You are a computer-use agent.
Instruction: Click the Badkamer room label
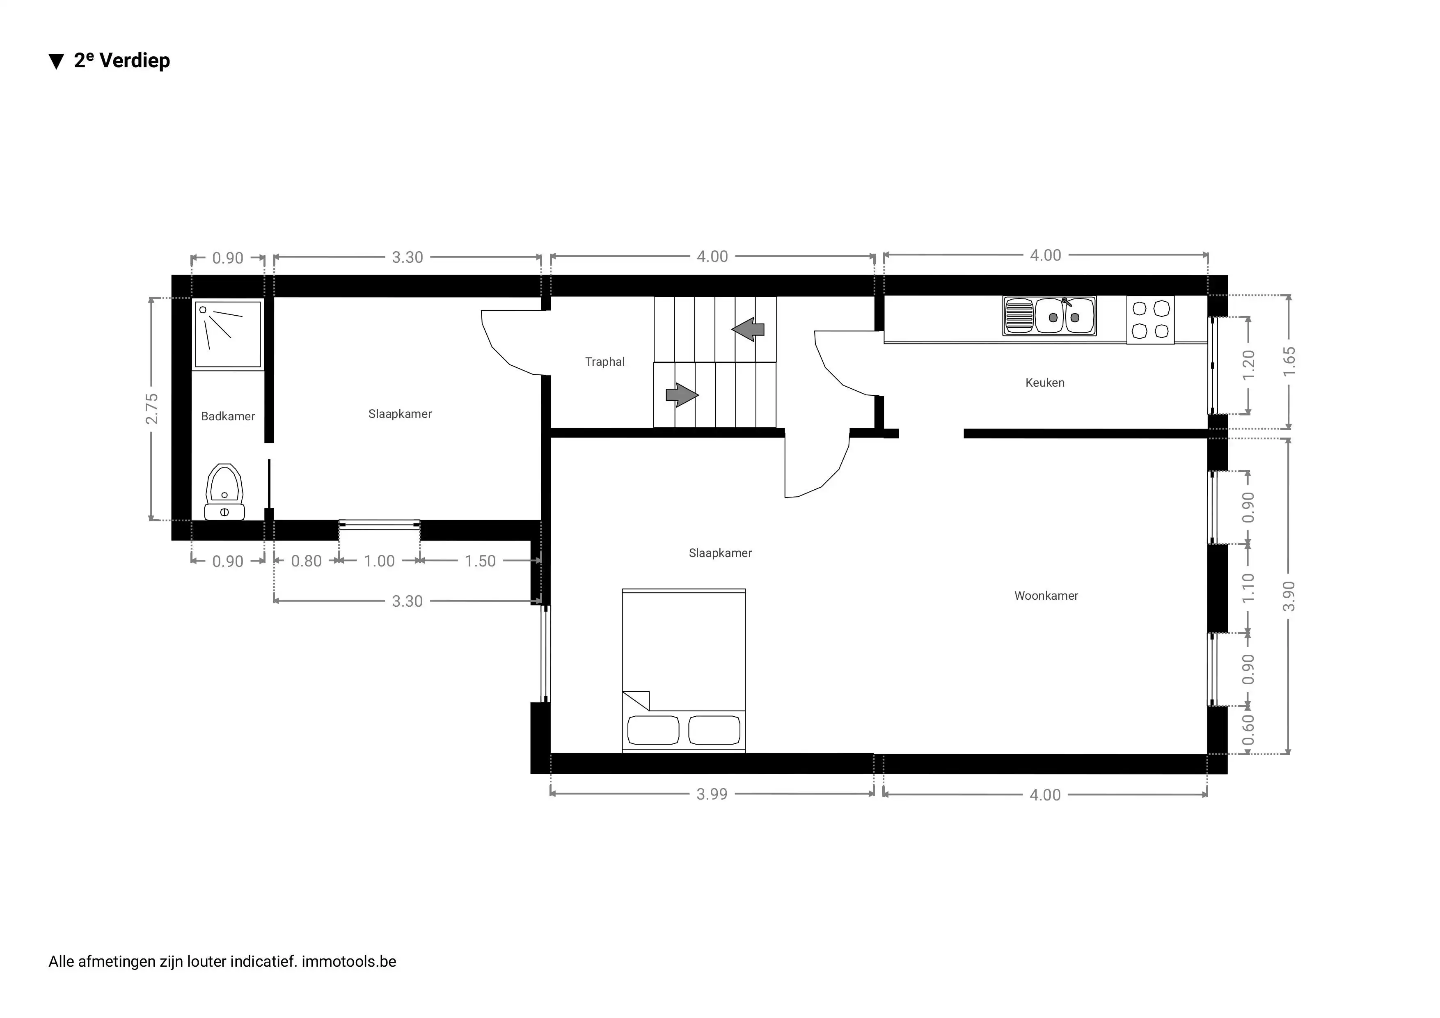(228, 417)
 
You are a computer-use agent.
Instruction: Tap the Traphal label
(604, 362)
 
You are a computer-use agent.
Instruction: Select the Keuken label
(1044, 383)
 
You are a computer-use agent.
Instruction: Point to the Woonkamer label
(1046, 596)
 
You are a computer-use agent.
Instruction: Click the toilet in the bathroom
(224, 493)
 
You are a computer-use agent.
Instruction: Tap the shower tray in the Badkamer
(228, 335)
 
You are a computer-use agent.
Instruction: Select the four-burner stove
(1150, 320)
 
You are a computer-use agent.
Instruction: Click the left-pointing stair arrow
(748, 329)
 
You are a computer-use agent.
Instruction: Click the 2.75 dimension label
(152, 409)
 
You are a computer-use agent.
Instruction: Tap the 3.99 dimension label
(712, 794)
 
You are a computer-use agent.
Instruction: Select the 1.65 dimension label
(1289, 362)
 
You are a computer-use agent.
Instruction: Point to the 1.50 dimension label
(480, 562)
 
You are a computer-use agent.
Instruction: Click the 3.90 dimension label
(1289, 596)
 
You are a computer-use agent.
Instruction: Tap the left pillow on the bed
(653, 731)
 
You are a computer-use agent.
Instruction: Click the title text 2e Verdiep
(121, 61)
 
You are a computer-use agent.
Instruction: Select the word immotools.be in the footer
(349, 961)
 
